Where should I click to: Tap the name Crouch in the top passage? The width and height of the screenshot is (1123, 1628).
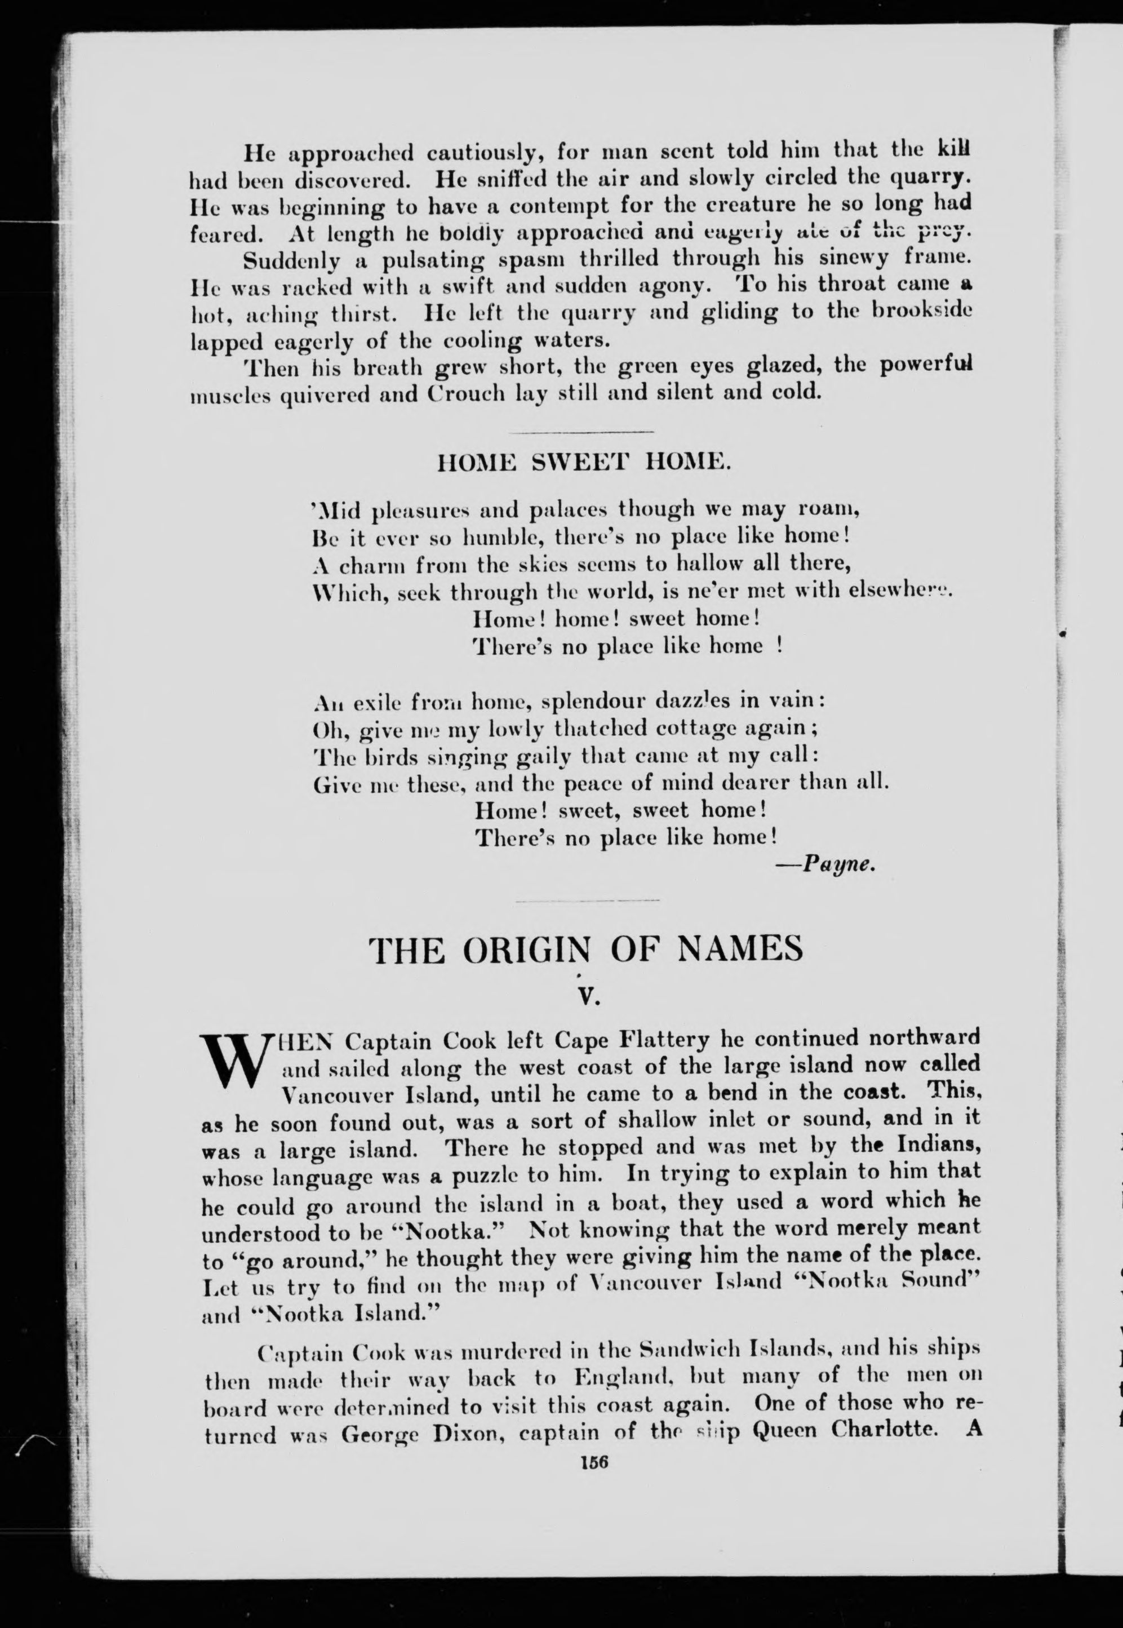tap(464, 392)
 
